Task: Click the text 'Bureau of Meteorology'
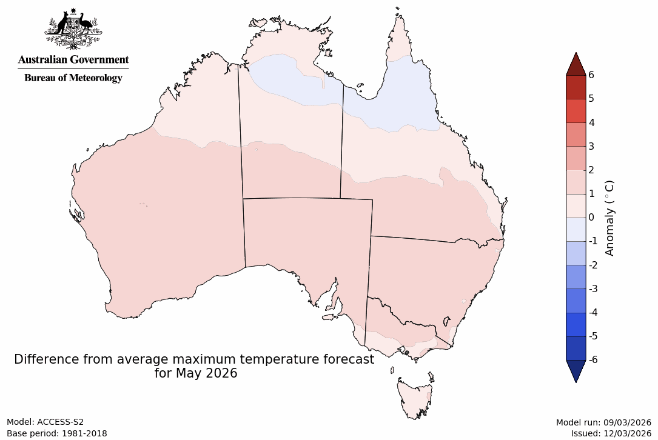[73, 78]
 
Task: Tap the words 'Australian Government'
[73, 59]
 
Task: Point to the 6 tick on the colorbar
[591, 75]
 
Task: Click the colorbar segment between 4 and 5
[576, 111]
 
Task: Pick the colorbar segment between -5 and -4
[576, 324]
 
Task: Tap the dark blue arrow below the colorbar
[576, 370]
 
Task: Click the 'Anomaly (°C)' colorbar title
[610, 218]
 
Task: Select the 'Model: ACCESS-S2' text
[45, 422]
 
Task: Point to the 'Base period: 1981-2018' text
[57, 433]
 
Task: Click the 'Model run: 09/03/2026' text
[603, 422]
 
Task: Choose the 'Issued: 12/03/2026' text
[611, 433]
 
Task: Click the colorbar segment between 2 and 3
[576, 158]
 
